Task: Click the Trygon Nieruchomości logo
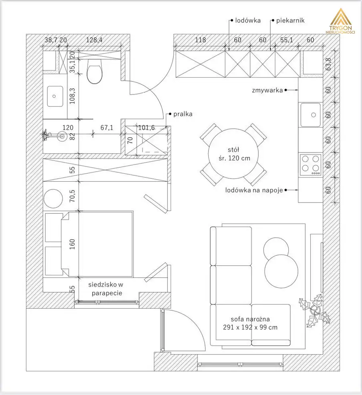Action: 340,21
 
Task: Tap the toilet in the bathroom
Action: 95,71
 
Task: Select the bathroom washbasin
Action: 55,96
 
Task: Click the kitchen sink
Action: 311,115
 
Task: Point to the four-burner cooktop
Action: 311,165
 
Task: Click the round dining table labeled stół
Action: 233,154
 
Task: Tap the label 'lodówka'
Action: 248,20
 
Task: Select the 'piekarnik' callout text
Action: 290,20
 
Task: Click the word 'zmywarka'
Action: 267,90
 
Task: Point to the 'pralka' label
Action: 183,114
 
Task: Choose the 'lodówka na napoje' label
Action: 254,190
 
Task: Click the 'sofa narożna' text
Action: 250,319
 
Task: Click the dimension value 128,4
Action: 94,40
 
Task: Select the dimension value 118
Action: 200,40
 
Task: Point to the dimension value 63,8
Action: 328,64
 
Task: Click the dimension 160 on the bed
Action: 72,244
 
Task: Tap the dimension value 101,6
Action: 147,128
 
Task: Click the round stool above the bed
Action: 53,199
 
